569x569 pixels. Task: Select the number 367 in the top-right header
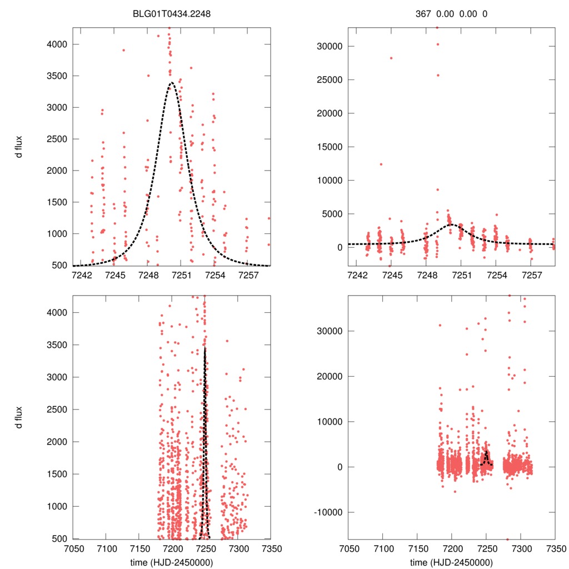tap(423, 14)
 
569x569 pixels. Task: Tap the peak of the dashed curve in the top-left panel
tap(172, 83)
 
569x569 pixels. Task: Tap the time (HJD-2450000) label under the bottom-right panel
tap(451, 562)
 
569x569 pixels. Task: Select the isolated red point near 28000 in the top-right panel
tap(391, 58)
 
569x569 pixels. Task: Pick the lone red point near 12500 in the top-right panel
tap(381, 164)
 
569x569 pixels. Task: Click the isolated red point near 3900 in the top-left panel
tap(123, 50)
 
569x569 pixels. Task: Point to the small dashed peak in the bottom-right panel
tap(486, 452)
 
